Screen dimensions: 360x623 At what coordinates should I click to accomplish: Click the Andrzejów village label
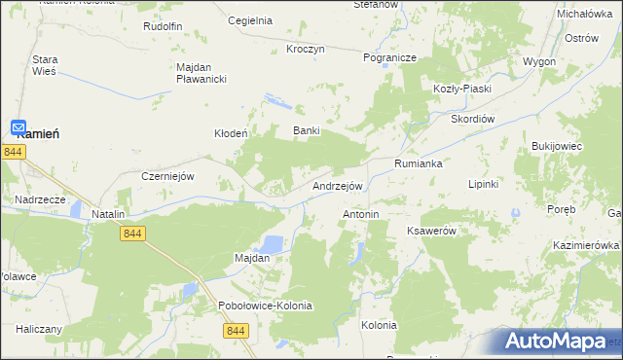pos(338,186)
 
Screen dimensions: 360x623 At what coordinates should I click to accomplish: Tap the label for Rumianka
pos(419,163)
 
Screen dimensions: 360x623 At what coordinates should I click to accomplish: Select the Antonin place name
pos(360,213)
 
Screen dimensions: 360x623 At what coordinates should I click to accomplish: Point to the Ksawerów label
pos(431,231)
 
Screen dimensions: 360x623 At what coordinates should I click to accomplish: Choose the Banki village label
pos(307,130)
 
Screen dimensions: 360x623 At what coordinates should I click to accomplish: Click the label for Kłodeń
pos(232,133)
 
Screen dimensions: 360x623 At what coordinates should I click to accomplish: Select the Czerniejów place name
pos(169,176)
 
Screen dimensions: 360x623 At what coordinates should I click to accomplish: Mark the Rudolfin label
pos(163,26)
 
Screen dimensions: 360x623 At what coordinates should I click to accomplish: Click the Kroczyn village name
pos(305,49)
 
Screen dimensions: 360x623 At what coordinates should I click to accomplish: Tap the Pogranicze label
pos(389,57)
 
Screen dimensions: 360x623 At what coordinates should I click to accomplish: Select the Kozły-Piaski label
pos(462,89)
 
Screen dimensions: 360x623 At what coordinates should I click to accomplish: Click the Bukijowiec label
pos(556,146)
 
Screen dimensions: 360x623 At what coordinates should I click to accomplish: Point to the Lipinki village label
pos(484,183)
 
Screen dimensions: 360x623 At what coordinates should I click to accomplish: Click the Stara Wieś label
pos(46,65)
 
